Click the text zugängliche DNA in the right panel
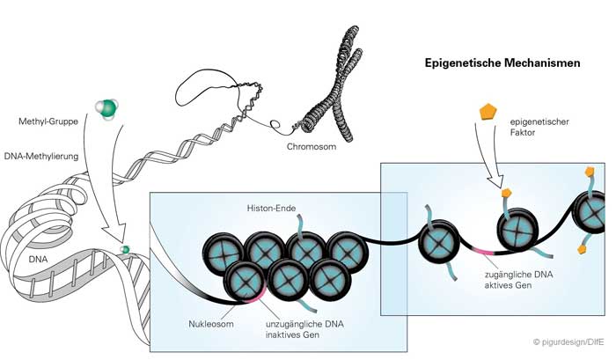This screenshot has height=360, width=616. click(x=519, y=275)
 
